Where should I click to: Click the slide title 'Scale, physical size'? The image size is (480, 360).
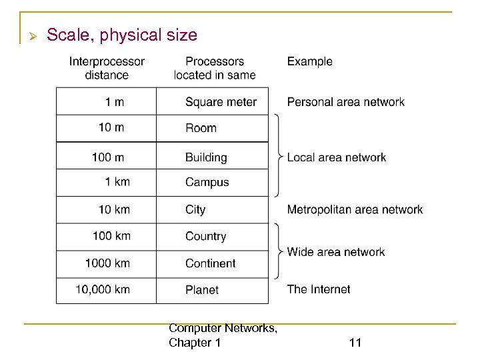(x=122, y=35)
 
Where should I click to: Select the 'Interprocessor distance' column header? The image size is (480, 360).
(x=107, y=68)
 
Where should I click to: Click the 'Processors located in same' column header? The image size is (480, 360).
(x=215, y=68)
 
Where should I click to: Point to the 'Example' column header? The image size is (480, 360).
(x=309, y=61)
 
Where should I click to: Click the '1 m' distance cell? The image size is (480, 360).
(x=114, y=102)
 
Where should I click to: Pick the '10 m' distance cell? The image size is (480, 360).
(x=111, y=128)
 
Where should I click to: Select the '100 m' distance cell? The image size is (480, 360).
(x=108, y=157)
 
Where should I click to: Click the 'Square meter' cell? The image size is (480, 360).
(x=221, y=102)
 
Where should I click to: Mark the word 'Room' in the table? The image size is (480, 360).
(x=201, y=128)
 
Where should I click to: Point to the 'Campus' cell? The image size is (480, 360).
(x=207, y=182)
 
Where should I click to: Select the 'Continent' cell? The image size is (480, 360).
(x=210, y=263)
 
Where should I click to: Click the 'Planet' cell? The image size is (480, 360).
(x=202, y=290)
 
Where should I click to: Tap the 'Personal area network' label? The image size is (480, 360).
(x=345, y=102)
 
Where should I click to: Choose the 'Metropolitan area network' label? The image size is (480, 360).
(x=355, y=209)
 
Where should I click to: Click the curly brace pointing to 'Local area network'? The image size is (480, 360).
(x=277, y=157)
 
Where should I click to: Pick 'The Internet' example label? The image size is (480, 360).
(x=318, y=289)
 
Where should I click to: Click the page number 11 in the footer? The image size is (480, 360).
(x=355, y=343)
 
